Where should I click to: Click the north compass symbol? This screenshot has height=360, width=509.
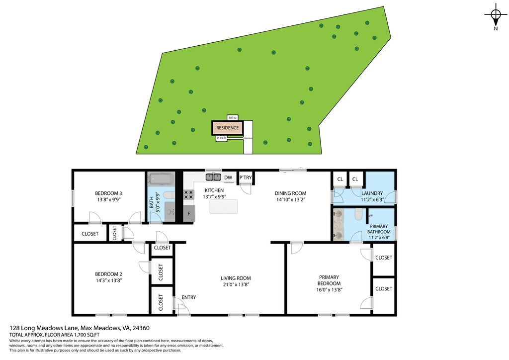click(495, 15)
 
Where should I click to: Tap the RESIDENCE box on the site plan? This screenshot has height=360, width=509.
click(227, 128)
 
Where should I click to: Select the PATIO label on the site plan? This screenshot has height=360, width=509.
click(232, 117)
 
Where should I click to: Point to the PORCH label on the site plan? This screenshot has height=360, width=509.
click(222, 138)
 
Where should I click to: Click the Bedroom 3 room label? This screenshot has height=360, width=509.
click(109, 193)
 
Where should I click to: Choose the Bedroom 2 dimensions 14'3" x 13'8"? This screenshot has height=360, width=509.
click(109, 280)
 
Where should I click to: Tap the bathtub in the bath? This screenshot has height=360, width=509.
click(160, 178)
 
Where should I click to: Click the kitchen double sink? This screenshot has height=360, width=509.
click(214, 177)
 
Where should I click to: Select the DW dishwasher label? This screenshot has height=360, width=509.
click(228, 177)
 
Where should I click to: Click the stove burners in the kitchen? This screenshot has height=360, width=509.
click(189, 194)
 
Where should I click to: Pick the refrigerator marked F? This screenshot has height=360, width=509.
click(189, 213)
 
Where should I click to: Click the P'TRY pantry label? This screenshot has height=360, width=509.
click(246, 178)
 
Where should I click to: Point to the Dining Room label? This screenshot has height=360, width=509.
click(291, 193)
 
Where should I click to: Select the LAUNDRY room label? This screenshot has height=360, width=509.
click(372, 193)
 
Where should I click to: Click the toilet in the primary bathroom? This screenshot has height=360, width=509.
click(357, 214)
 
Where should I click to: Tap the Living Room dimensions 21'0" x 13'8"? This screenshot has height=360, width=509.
click(236, 285)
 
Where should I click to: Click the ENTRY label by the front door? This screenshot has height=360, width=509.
click(189, 297)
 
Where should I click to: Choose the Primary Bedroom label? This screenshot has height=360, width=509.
click(329, 280)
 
